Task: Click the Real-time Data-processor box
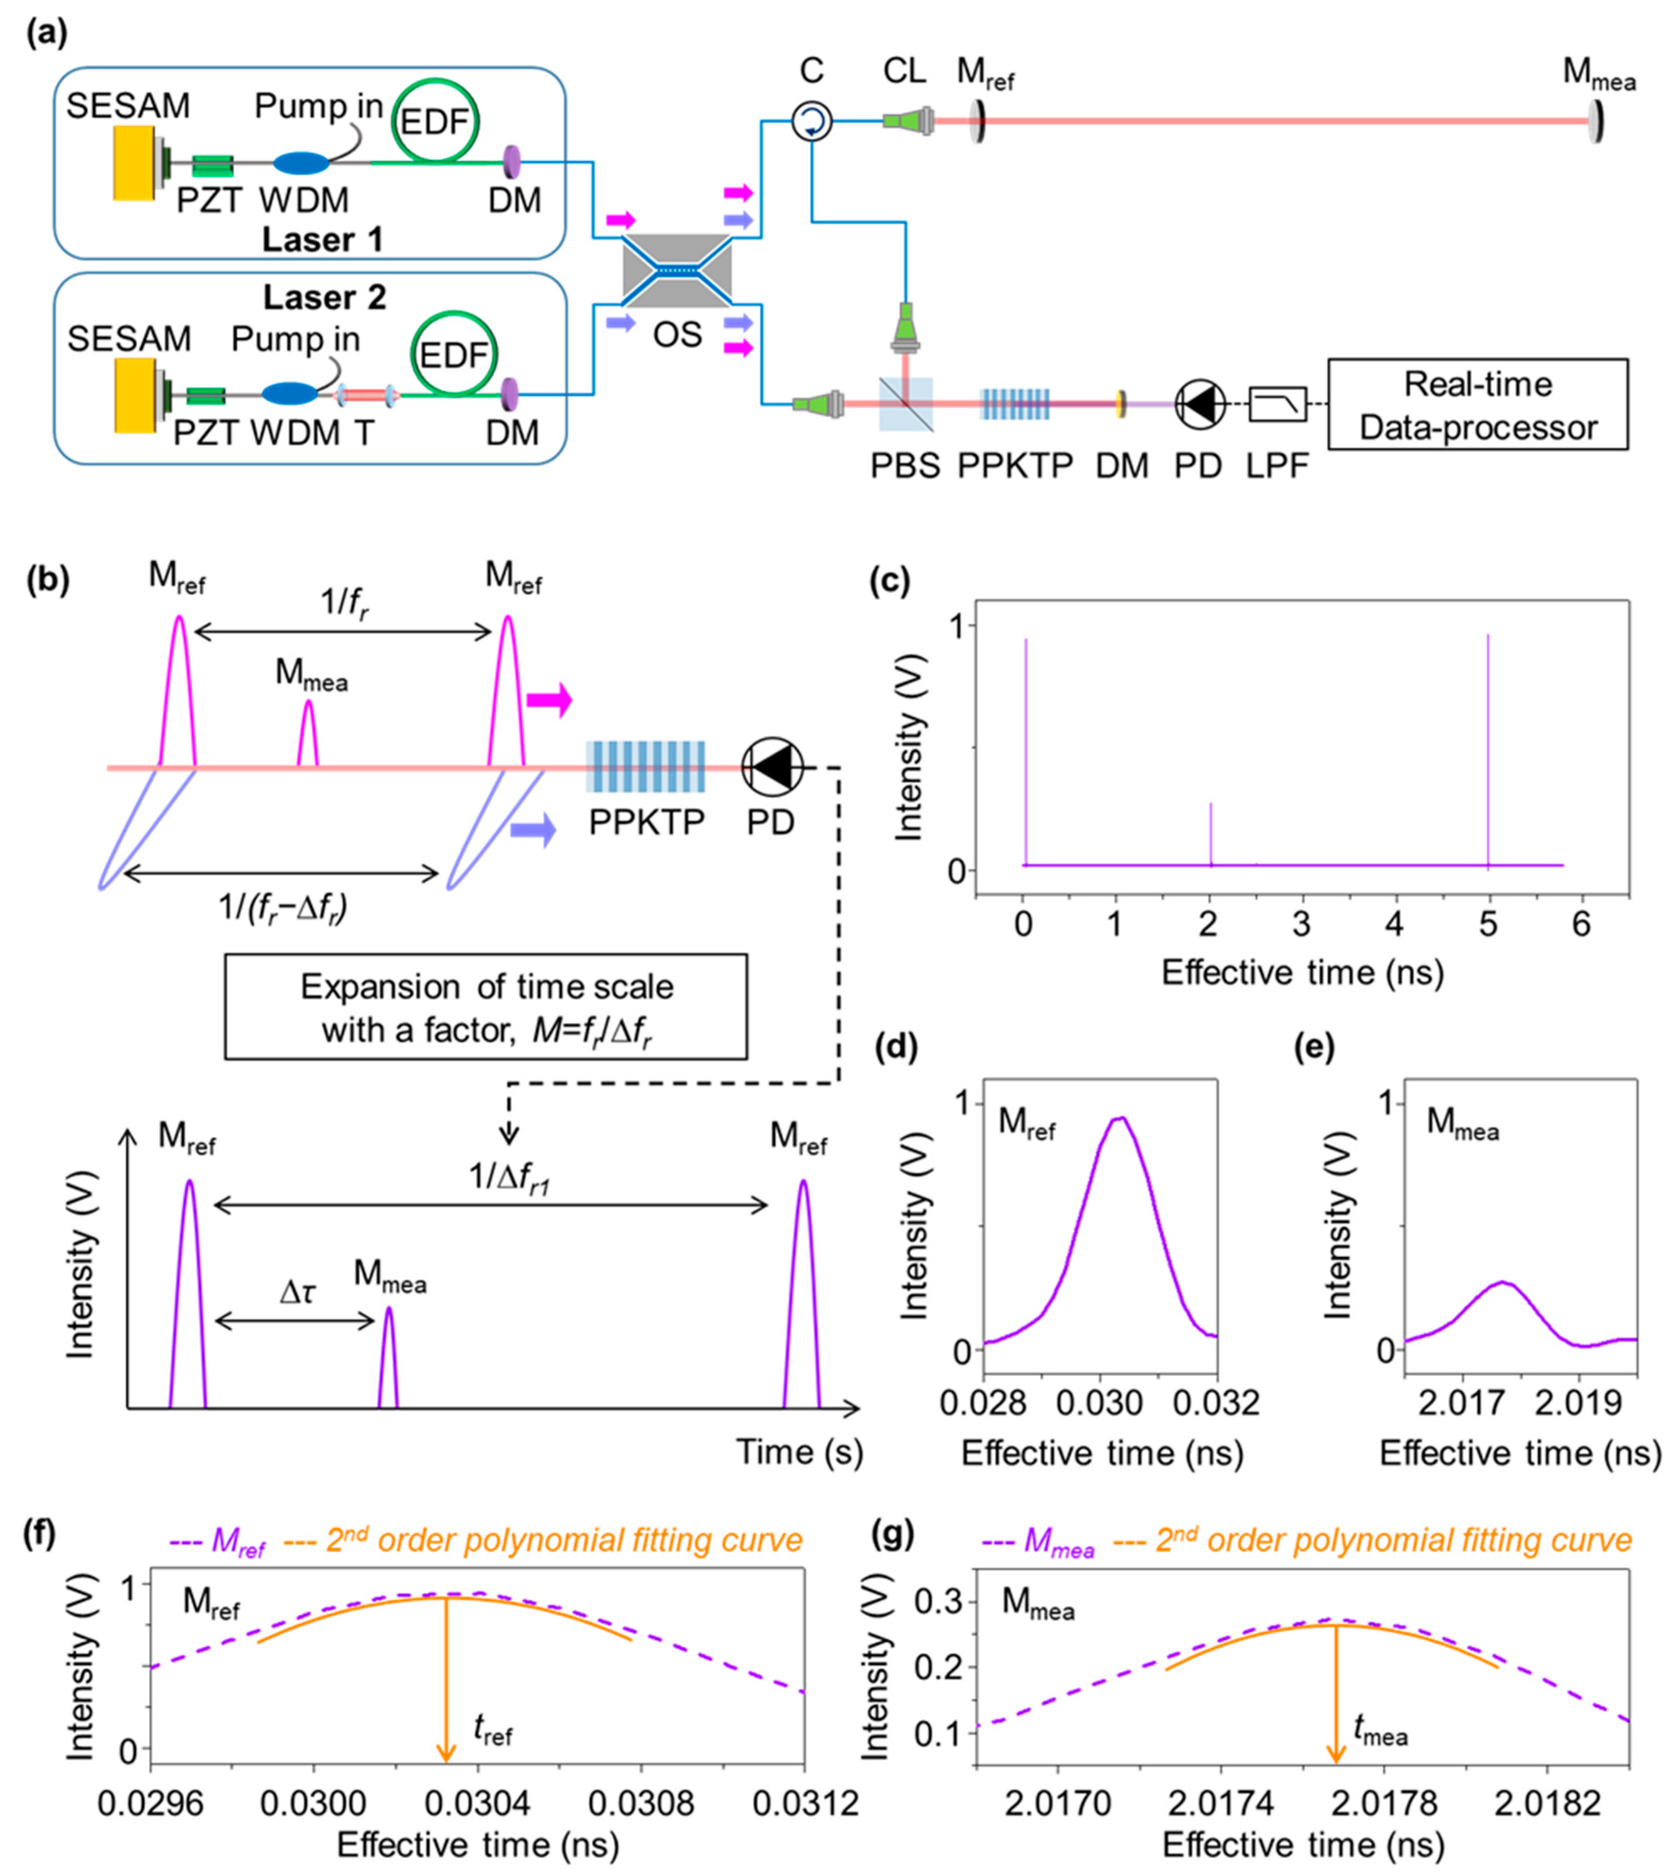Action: click(x=1477, y=405)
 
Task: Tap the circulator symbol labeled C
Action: click(x=812, y=120)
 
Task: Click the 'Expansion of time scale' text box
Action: click(x=486, y=1007)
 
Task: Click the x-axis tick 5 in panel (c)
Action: click(x=1488, y=924)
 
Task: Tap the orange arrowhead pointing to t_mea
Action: click(x=1336, y=1753)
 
